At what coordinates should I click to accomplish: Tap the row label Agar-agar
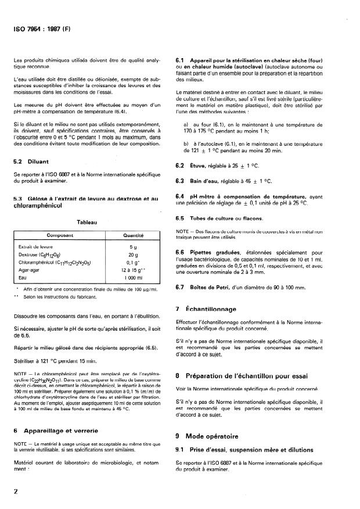[30, 270]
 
